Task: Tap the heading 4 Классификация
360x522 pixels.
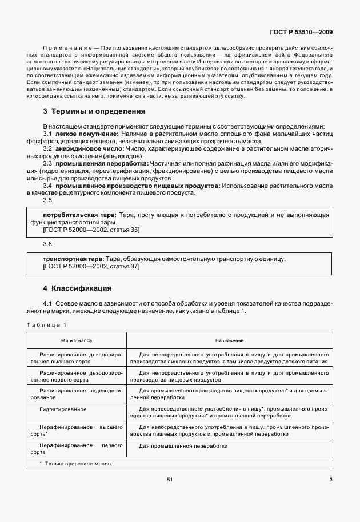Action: (x=77, y=288)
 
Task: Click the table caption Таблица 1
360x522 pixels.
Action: (x=47, y=325)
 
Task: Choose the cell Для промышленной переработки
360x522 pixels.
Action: (x=183, y=446)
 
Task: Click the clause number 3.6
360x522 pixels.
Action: (x=47, y=244)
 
